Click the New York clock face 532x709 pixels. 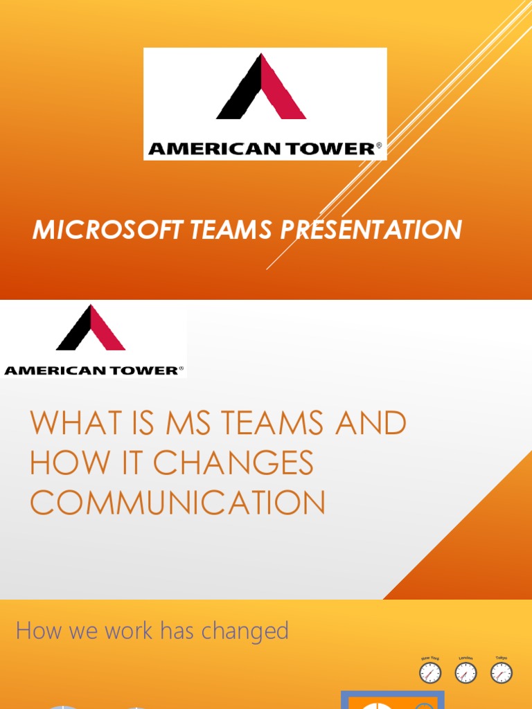click(x=430, y=673)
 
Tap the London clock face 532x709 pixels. click(x=465, y=673)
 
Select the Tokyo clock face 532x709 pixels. click(x=501, y=673)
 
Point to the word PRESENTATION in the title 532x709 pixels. click(x=371, y=229)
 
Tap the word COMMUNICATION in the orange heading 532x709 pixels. click(x=178, y=503)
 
